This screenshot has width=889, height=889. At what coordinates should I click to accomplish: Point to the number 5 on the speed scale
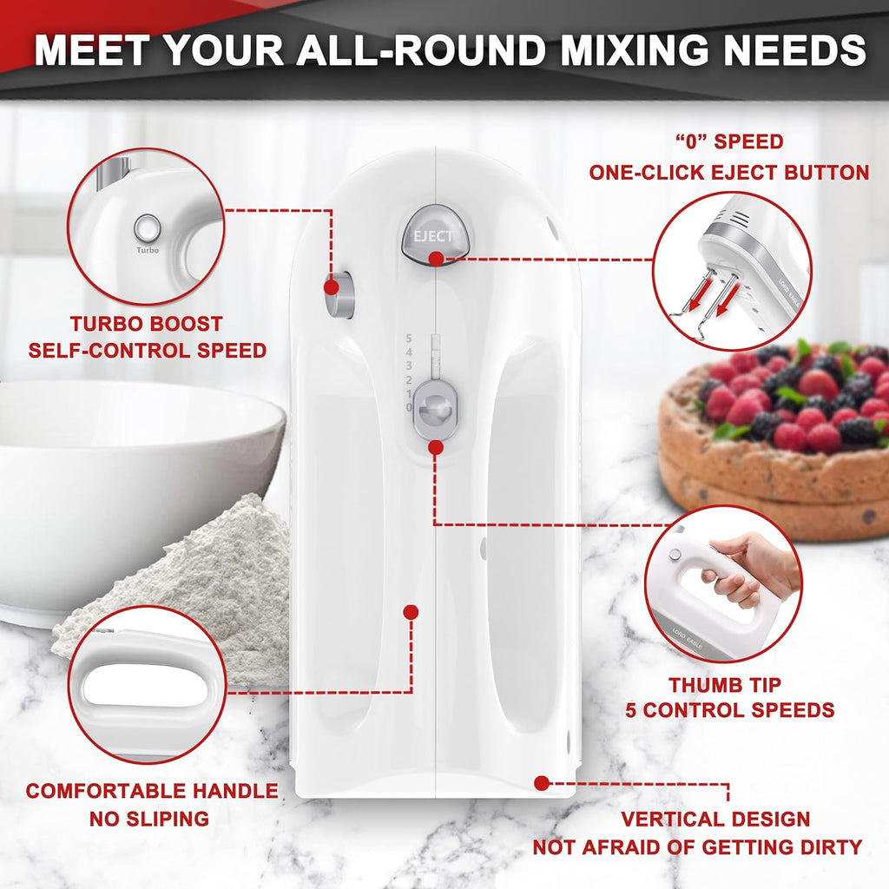click(x=409, y=339)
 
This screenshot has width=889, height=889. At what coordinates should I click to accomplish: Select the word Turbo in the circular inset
click(x=148, y=250)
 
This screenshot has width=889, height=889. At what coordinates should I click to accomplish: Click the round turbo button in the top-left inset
click(x=148, y=228)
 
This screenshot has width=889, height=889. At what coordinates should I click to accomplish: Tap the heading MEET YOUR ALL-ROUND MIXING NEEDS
click(x=450, y=49)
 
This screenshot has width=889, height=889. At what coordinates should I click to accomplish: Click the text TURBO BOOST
click(x=147, y=324)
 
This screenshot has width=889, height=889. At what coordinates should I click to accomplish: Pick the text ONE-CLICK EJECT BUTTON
click(x=728, y=172)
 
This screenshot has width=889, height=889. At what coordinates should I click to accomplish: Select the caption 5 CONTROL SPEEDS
click(x=730, y=710)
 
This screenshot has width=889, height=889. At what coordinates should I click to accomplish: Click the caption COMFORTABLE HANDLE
click(x=152, y=791)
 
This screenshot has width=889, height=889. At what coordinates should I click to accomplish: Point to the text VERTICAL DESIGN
click(x=716, y=819)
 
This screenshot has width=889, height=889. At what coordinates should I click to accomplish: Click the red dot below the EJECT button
click(x=436, y=258)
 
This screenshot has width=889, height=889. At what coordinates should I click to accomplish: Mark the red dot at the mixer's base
click(x=542, y=783)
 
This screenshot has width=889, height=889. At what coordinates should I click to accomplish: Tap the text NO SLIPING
click(x=148, y=818)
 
